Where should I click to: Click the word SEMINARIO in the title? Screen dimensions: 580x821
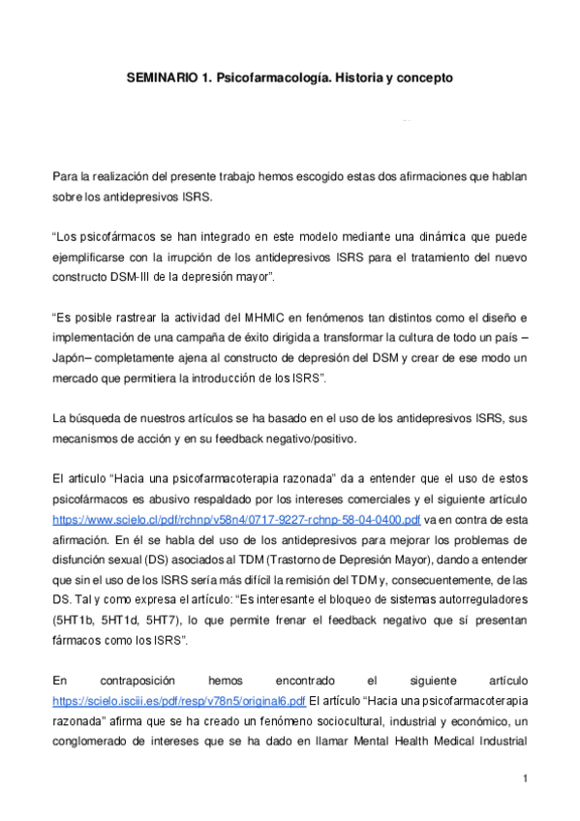pyautogui.click(x=161, y=76)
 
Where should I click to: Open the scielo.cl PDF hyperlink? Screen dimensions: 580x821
pyautogui.click(x=236, y=519)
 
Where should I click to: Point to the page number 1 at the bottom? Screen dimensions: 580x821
pyautogui.click(x=524, y=779)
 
